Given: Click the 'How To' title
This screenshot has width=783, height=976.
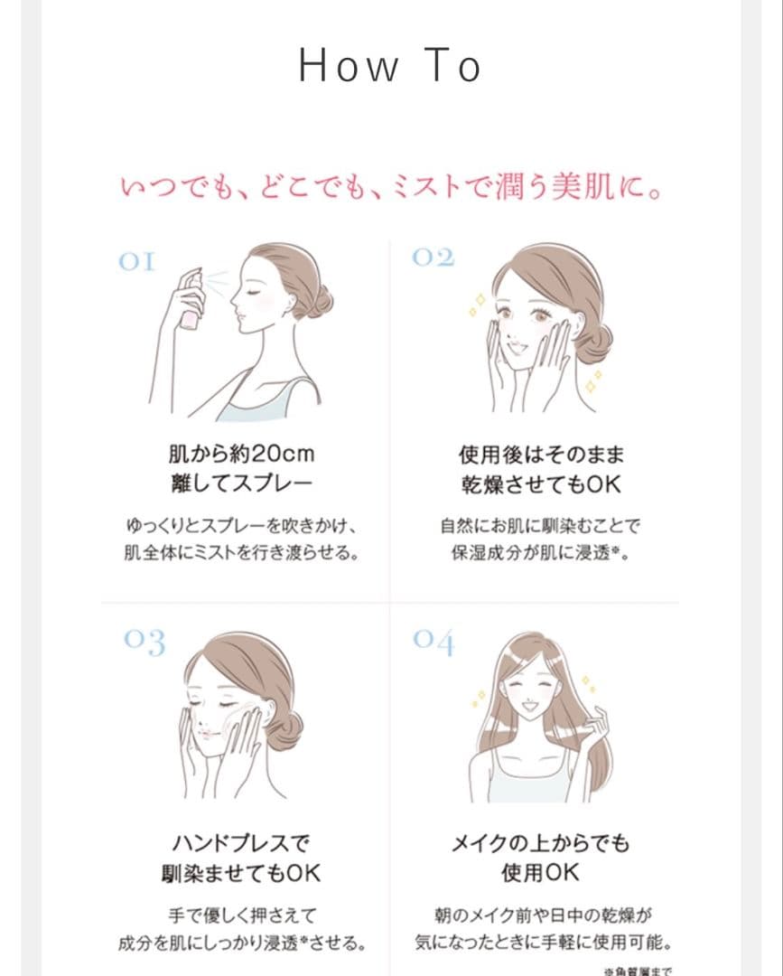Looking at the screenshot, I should [390, 66].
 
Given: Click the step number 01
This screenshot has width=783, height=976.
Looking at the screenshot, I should [136, 262].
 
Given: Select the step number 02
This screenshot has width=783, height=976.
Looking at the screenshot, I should [433, 258].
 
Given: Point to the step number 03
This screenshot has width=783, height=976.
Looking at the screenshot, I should [144, 643].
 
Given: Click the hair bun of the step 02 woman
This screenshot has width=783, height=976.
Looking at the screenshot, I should [594, 343].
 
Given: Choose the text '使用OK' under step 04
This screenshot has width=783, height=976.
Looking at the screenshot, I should [540, 874].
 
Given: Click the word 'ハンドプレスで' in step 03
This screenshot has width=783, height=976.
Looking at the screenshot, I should [239, 843].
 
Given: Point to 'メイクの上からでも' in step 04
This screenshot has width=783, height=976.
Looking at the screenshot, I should [540, 843].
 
